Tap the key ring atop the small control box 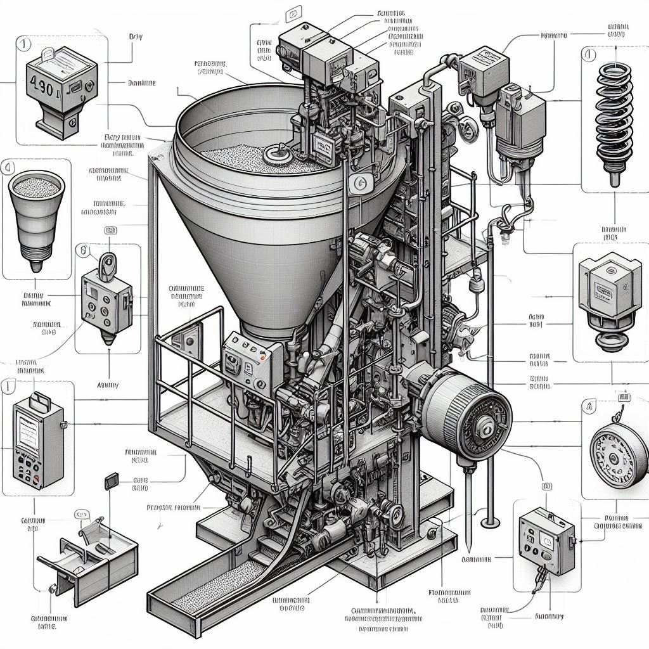107,261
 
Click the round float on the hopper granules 278,152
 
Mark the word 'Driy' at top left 136,37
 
